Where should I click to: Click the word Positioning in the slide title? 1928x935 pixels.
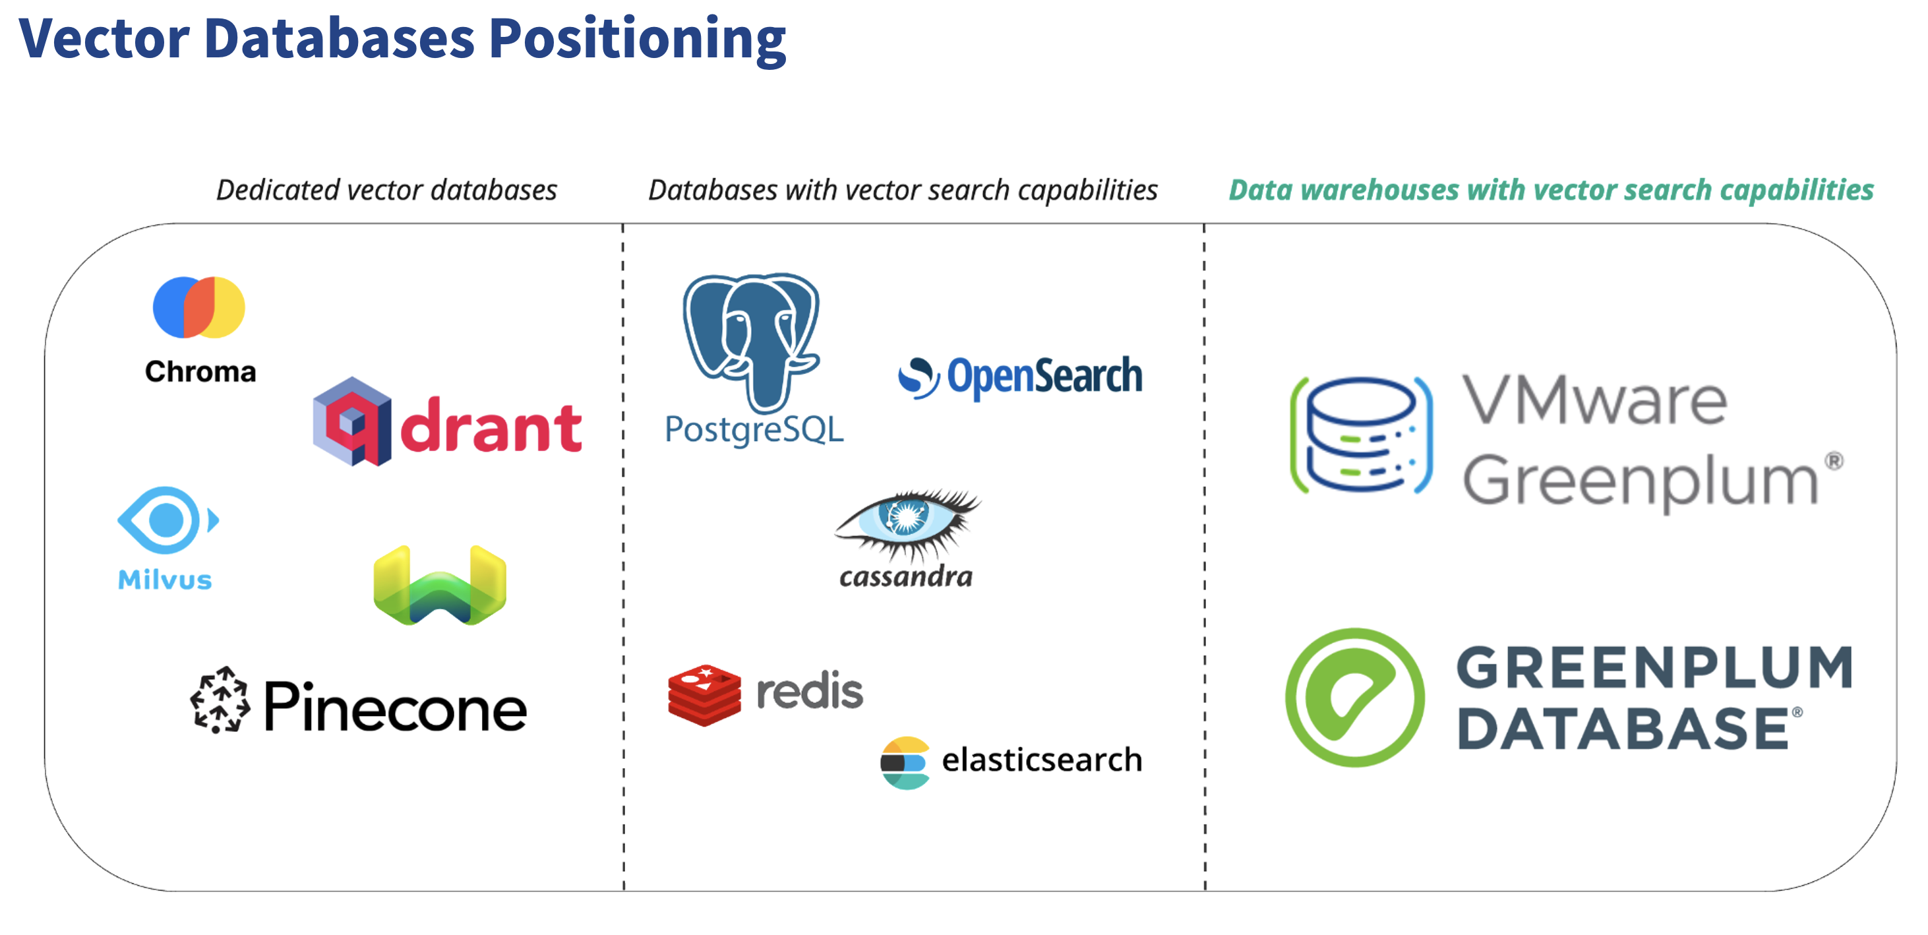[x=637, y=39]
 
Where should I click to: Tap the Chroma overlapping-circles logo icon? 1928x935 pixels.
[x=198, y=308]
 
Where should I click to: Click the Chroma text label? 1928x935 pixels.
[x=200, y=371]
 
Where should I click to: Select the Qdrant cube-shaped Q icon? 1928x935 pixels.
[x=351, y=422]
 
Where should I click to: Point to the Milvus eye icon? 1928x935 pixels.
[x=167, y=520]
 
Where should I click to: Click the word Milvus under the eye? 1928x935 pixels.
[x=165, y=580]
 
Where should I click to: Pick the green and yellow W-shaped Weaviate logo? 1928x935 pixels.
[x=440, y=586]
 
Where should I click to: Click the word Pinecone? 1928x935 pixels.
[x=395, y=707]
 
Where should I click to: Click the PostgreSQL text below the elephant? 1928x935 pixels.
[x=754, y=431]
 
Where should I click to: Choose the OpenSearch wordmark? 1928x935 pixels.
[x=1044, y=376]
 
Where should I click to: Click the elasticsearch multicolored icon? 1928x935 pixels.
[x=905, y=763]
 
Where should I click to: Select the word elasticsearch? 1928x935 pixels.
[x=1041, y=760]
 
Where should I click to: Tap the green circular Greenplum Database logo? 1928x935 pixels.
[x=1355, y=697]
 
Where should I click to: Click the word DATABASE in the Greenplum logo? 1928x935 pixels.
[x=1624, y=729]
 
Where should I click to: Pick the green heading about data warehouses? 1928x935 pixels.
[x=1551, y=190]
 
